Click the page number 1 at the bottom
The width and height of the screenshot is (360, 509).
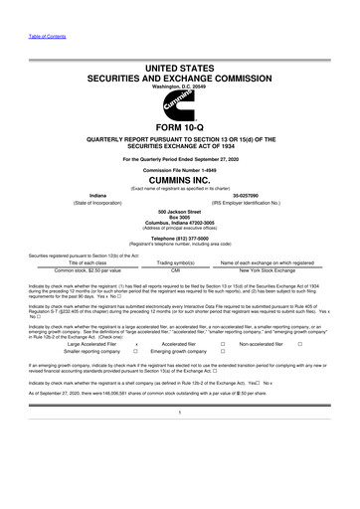[x=180, y=437]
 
